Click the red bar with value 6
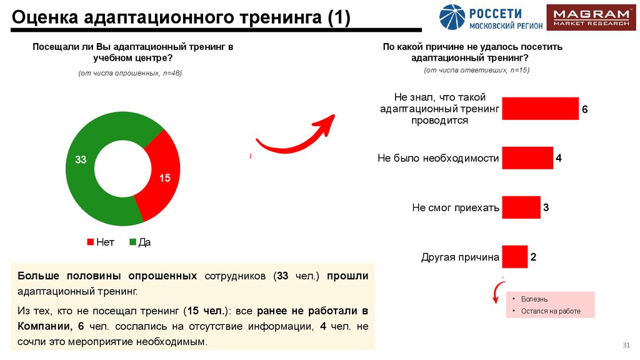pyautogui.click(x=540, y=108)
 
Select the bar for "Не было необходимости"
pyautogui.click(x=527, y=158)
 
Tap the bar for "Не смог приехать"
pyautogui.click(x=521, y=207)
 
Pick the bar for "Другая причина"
pyautogui.click(x=514, y=256)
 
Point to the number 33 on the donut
pyautogui.click(x=81, y=159)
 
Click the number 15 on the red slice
pyautogui.click(x=165, y=178)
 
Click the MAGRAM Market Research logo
pyautogui.click(x=587, y=17)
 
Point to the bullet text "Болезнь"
pyautogui.click(x=529, y=299)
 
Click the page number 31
pyautogui.click(x=626, y=346)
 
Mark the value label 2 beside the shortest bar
pyautogui.click(x=534, y=257)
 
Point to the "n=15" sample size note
pyautogui.click(x=520, y=70)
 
